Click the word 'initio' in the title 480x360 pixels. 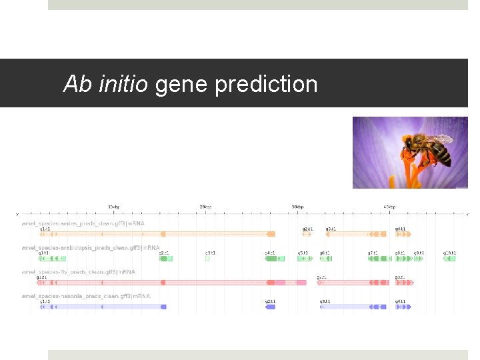coord(123,84)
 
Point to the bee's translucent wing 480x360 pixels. coord(440,139)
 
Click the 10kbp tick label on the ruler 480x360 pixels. coord(113,207)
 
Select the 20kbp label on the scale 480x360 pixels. coord(205,207)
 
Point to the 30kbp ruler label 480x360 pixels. coord(297,207)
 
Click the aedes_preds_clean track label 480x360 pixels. coord(83,223)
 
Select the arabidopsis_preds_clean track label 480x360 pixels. coord(91,247)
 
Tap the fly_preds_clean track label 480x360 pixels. coord(78,272)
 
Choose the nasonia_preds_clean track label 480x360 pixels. coord(85,296)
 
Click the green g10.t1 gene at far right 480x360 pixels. coord(450,259)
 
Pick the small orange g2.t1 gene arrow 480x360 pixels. coord(307,234)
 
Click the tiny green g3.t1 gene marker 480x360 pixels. coord(207,259)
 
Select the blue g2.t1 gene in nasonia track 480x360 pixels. coord(270,307)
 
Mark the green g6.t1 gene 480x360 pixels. coord(325,259)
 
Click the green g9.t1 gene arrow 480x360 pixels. coord(418,259)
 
